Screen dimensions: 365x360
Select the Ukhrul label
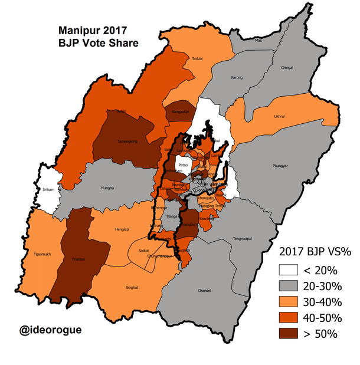tap(280, 116)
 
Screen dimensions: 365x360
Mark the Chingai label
tap(287, 68)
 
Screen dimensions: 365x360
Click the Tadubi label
tap(198, 58)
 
